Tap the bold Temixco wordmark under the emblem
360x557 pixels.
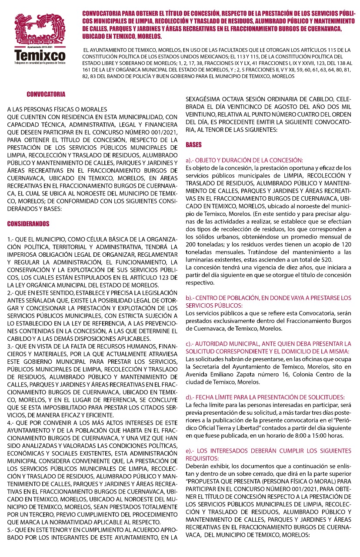tap(40, 56)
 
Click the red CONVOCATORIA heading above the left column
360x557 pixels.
tap(46, 94)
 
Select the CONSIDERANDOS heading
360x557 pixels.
tap(28, 224)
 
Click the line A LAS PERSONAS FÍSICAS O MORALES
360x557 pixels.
tap(57, 109)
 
